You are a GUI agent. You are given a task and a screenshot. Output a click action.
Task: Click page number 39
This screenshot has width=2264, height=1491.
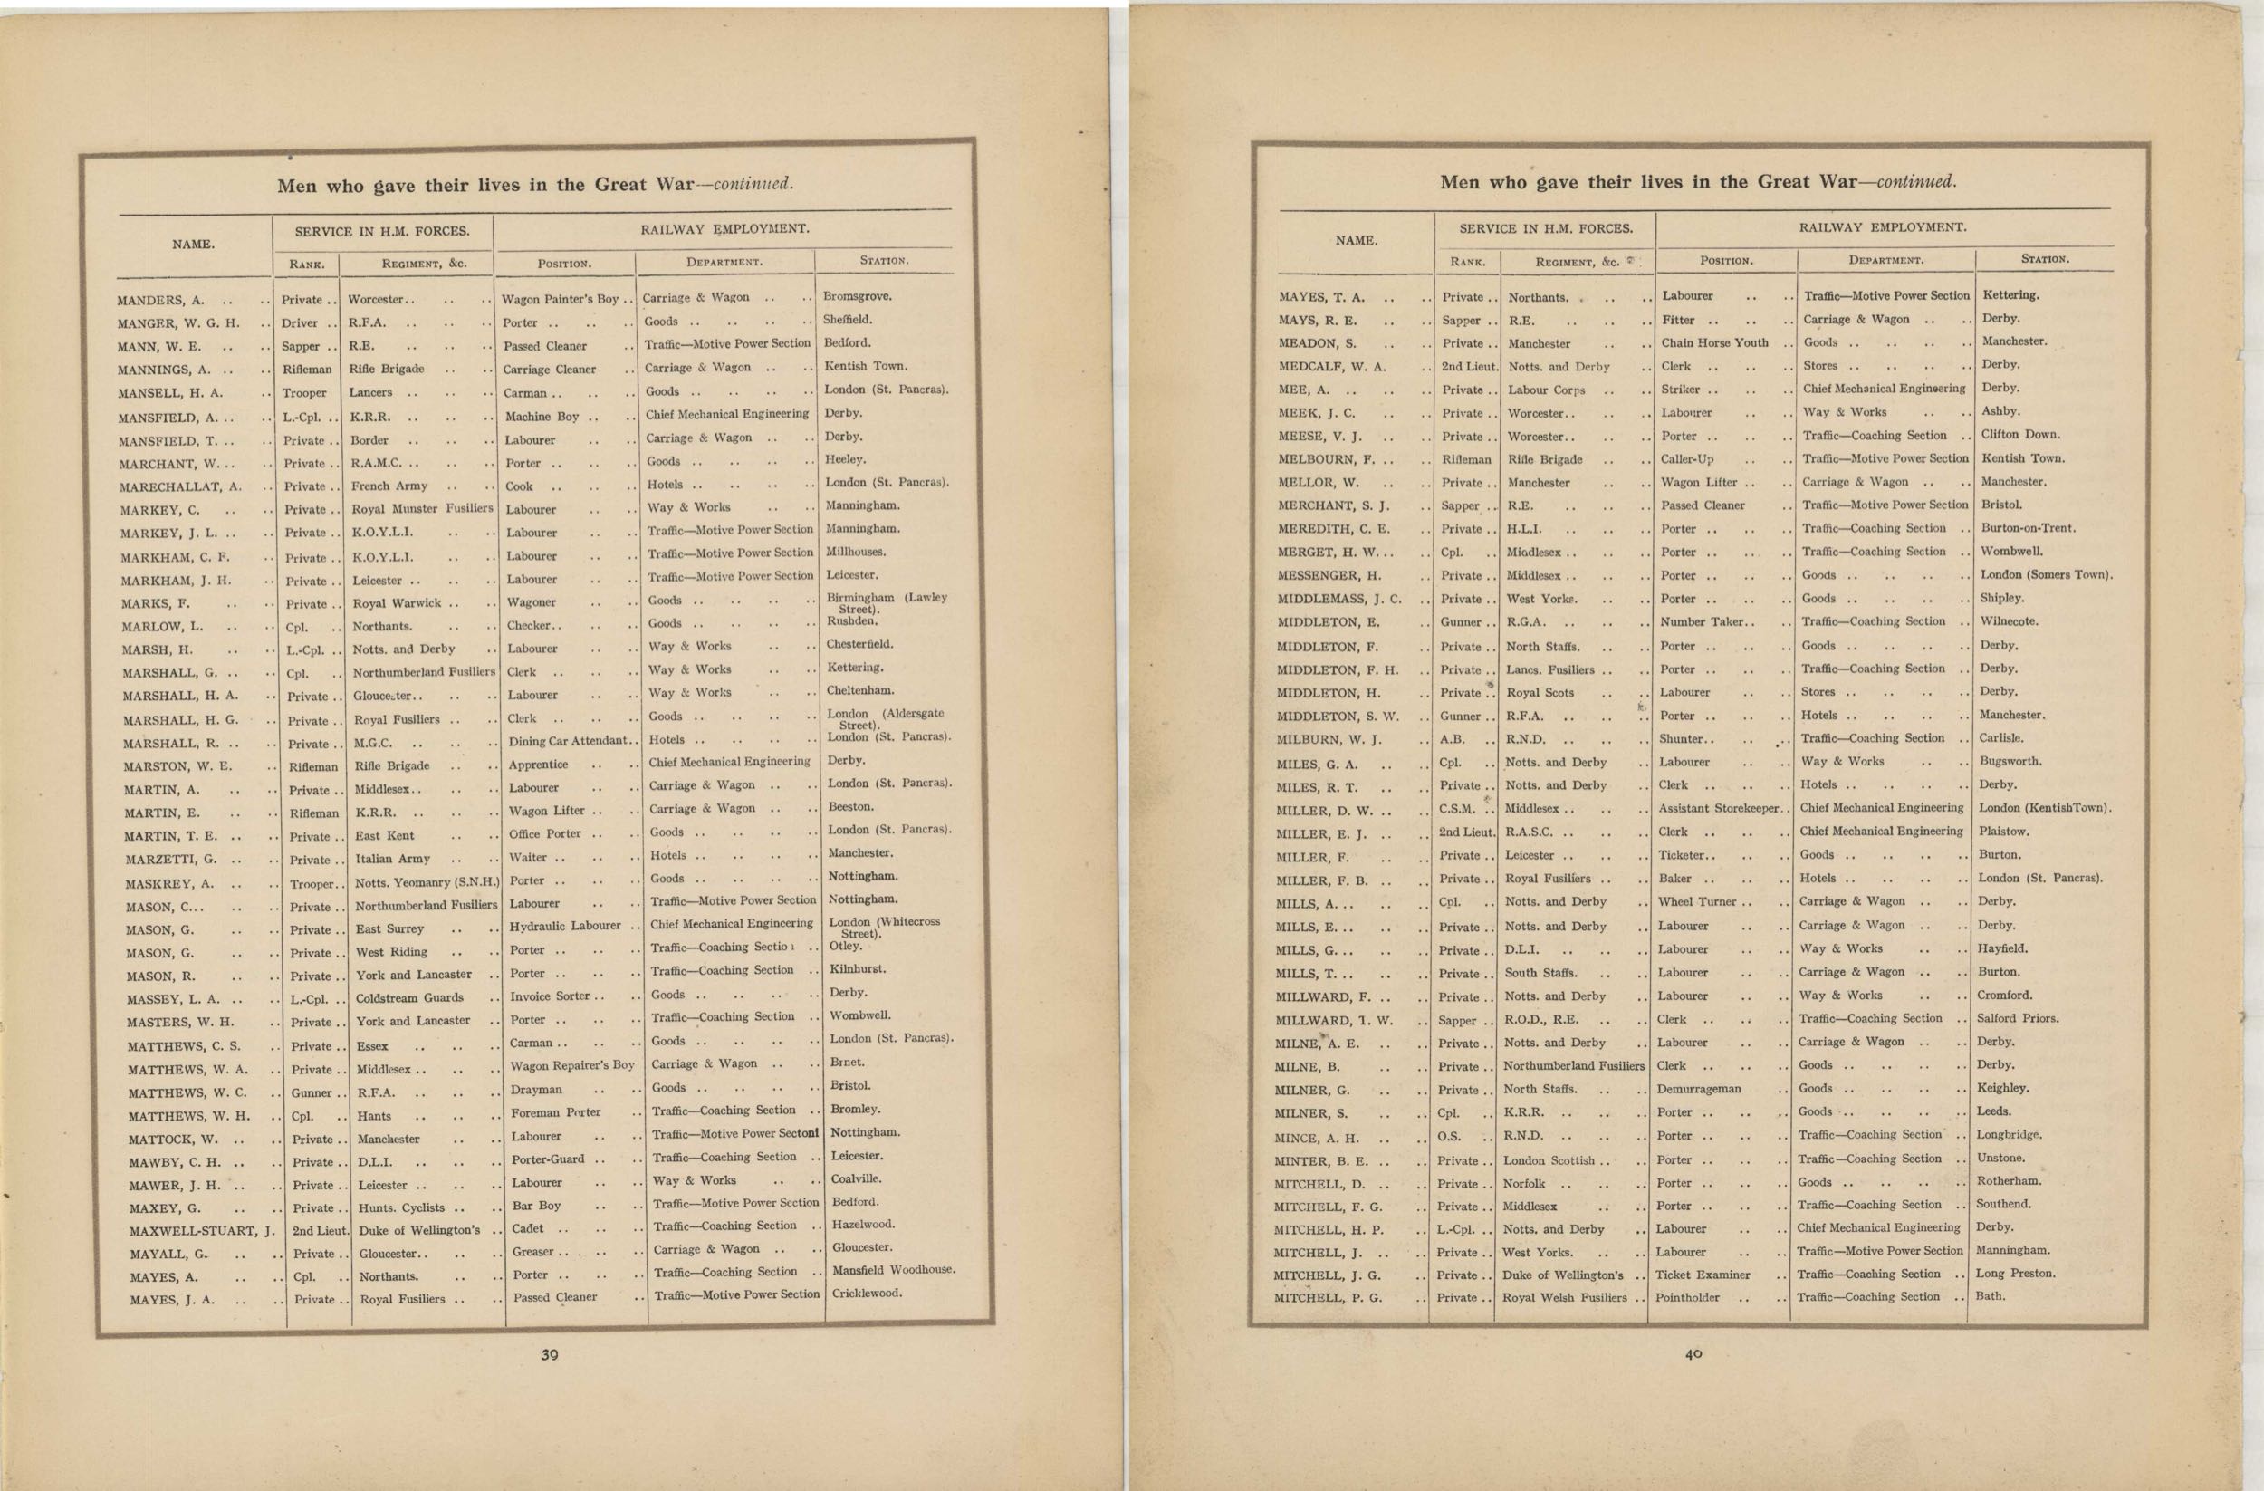(x=549, y=1355)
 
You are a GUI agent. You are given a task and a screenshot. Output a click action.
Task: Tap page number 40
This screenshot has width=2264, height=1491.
(x=1693, y=1355)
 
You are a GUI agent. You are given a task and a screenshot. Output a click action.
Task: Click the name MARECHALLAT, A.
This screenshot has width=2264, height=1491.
(x=181, y=487)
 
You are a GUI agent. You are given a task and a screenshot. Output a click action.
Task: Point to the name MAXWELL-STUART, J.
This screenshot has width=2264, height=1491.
(x=202, y=1231)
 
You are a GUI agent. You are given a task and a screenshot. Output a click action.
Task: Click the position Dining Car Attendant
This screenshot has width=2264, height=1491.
(x=568, y=741)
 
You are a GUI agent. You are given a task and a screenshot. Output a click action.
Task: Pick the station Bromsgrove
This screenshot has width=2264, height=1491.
(x=857, y=296)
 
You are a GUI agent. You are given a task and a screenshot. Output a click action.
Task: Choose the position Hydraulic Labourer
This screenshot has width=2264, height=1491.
(x=565, y=926)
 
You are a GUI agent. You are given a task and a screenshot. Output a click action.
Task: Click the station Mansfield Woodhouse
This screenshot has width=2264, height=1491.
(x=893, y=1270)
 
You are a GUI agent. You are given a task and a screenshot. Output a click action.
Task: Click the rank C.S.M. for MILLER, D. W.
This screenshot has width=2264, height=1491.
(x=1457, y=809)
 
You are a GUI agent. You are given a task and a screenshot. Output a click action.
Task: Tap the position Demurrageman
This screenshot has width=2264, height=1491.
(x=1699, y=1090)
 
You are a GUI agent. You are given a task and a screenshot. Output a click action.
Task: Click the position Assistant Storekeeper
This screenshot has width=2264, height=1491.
(x=1718, y=809)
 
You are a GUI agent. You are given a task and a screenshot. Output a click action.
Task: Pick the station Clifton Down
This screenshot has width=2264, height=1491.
(x=2020, y=435)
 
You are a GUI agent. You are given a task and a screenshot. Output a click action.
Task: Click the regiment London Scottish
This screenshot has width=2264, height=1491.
(x=1550, y=1161)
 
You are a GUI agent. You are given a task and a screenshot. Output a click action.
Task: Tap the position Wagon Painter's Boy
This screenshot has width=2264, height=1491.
(x=561, y=300)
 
